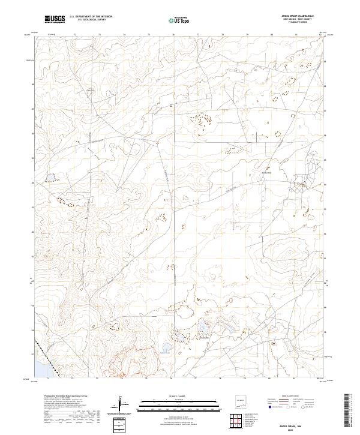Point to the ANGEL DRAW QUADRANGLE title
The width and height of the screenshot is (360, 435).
(296, 16)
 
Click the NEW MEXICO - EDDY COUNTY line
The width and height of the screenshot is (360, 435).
(296, 20)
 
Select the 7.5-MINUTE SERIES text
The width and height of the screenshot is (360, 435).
(296, 23)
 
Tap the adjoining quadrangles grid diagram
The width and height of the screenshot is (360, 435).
(240, 419)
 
